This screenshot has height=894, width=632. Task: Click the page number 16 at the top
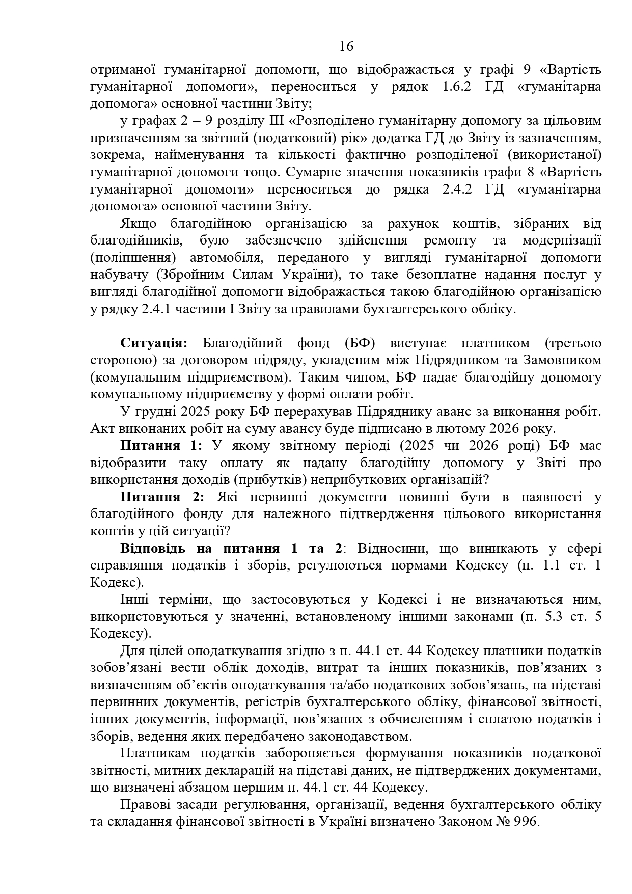pos(346,47)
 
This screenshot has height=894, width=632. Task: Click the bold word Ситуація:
pos(154,343)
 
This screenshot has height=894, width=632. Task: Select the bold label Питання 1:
pos(161,446)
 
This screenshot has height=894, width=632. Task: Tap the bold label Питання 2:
pos(161,497)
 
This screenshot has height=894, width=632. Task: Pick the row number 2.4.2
pos(452,189)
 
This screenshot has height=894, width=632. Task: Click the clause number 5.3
pos(550,617)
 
